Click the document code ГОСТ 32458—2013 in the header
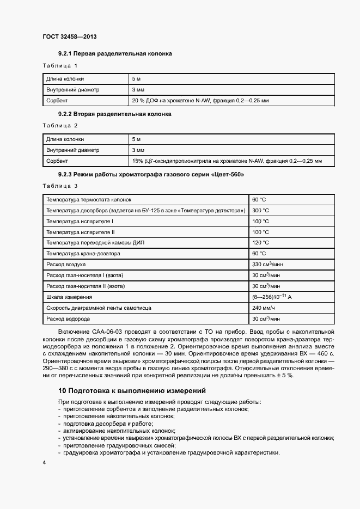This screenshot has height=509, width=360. point(69,37)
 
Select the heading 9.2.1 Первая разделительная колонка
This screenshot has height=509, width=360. point(114,54)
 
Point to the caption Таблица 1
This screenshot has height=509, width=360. point(60,66)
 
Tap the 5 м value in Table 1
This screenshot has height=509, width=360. point(136,79)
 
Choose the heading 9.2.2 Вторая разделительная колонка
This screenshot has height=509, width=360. point(114,114)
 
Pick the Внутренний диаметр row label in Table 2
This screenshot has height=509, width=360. point(73,150)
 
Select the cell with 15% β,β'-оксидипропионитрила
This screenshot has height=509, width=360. point(227,161)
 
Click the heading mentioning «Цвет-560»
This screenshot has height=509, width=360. point(151,174)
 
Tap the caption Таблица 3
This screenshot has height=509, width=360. point(60,186)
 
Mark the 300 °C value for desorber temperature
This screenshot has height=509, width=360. point(260,210)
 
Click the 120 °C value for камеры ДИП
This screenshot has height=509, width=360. point(260,242)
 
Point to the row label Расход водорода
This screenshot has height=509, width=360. point(68,318)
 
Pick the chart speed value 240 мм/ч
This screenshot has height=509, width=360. point(264,308)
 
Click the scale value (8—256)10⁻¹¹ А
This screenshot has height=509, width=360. point(272,297)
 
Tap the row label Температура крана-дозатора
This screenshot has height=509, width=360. point(83,253)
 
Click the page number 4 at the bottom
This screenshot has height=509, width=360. point(44,463)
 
